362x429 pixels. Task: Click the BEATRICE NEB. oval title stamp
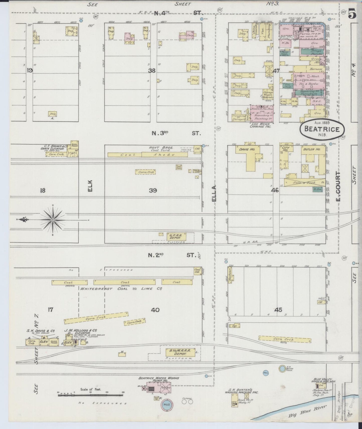(x=322, y=128)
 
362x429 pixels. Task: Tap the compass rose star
(x=53, y=220)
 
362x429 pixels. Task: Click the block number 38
(x=152, y=71)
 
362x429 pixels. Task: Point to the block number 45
(x=278, y=310)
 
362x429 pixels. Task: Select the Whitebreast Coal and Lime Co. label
(x=122, y=289)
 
